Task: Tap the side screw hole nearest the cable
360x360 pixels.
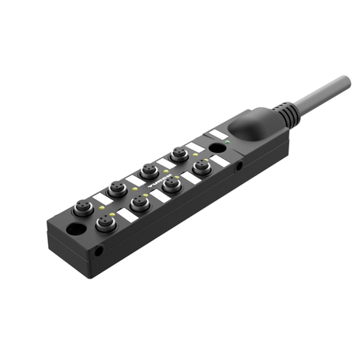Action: pyautogui.click(x=239, y=164)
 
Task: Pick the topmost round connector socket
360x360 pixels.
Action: pyautogui.click(x=178, y=155)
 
